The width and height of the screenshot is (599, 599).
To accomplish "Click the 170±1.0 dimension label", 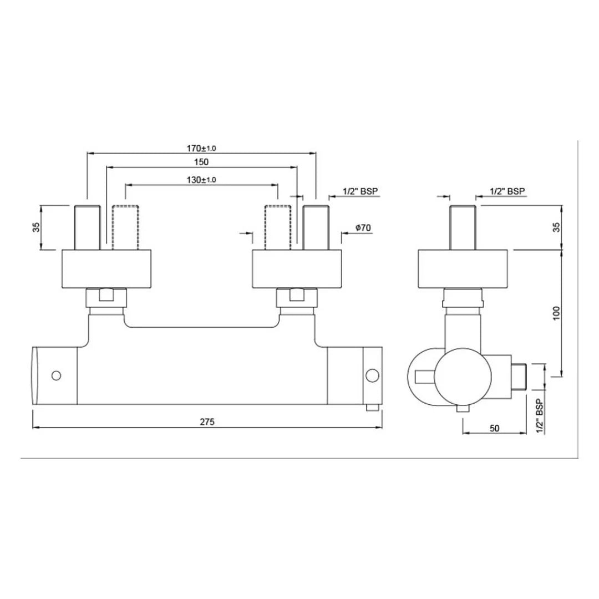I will coord(201,148).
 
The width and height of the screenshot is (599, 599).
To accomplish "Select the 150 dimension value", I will coord(201,162).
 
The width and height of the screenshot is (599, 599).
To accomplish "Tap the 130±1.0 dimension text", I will coord(201,180).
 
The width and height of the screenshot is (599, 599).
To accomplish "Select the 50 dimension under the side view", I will coord(495,428).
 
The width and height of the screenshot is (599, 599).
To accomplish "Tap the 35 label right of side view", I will coord(557,227).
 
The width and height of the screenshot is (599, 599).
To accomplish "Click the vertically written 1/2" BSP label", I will coord(537,416).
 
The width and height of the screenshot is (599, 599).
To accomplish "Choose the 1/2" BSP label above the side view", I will coord(507,191).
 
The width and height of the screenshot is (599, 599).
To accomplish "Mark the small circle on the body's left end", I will coord(55,376).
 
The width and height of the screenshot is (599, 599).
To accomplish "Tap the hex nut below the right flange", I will coord(299,299).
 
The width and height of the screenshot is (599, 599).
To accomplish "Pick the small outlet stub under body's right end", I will coord(372,408).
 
